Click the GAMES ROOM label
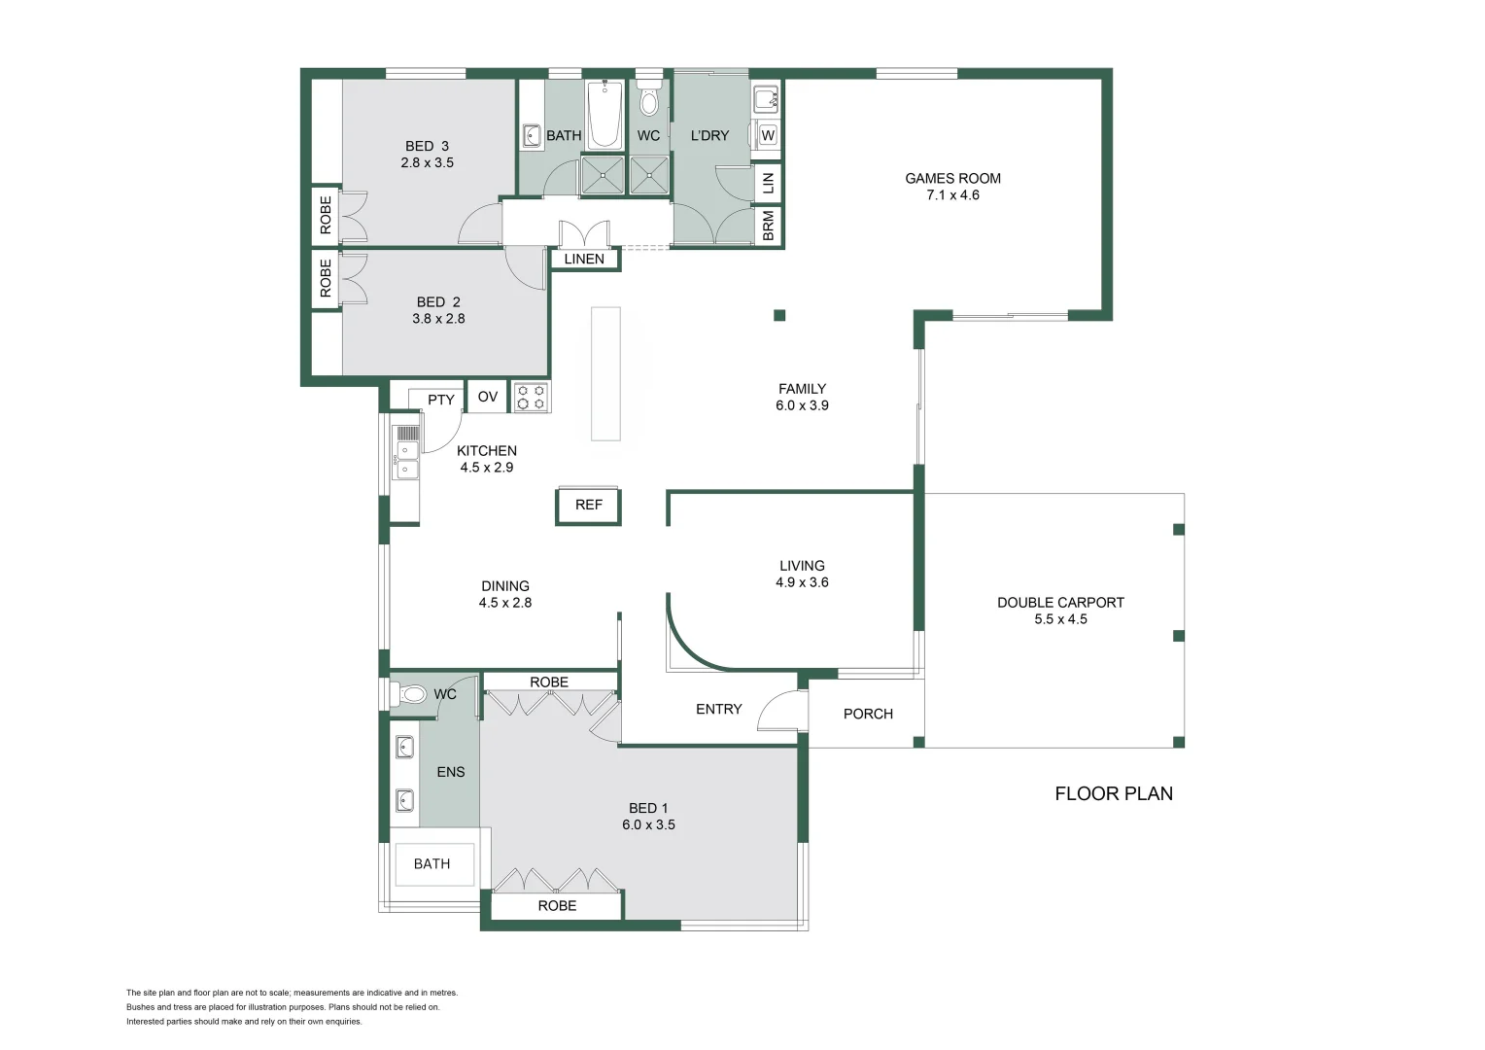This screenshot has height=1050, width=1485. pyautogui.click(x=952, y=179)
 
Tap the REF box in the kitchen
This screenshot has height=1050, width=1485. pyautogui.click(x=588, y=506)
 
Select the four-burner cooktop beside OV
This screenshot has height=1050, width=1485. pyautogui.click(x=531, y=397)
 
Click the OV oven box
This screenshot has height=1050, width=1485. pyautogui.click(x=488, y=397)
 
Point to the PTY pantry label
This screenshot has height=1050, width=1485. pyautogui.click(x=440, y=400)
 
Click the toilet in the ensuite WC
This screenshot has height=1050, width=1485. pyautogui.click(x=412, y=694)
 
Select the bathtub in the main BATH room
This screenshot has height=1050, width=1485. pyautogui.click(x=604, y=116)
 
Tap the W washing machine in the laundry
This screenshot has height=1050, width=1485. pyautogui.click(x=768, y=135)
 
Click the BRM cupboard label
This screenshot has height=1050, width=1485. pyautogui.click(x=769, y=226)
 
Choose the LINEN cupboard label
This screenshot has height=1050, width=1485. pyautogui.click(x=584, y=259)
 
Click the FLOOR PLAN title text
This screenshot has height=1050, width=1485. pyautogui.click(x=1114, y=793)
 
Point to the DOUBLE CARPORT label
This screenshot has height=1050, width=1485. pyautogui.click(x=1060, y=603)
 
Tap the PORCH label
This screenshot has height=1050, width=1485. pyautogui.click(x=868, y=714)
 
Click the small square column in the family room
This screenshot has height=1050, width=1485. pyautogui.click(x=779, y=315)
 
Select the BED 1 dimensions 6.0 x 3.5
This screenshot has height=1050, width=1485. pyautogui.click(x=648, y=824)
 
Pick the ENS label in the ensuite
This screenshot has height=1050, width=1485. pyautogui.click(x=451, y=772)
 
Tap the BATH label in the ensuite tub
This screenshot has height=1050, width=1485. pyautogui.click(x=432, y=863)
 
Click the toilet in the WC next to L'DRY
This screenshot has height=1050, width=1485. pyautogui.click(x=649, y=102)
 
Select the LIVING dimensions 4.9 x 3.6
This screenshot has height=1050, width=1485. pyautogui.click(x=802, y=582)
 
